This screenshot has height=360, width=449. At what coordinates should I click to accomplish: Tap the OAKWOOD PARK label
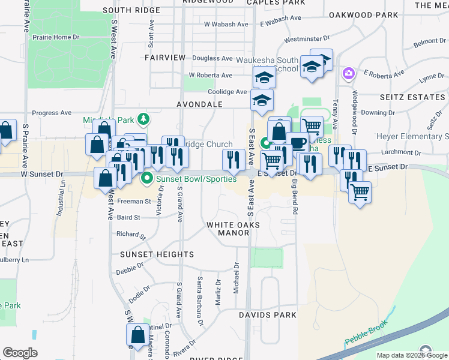pos(364,14)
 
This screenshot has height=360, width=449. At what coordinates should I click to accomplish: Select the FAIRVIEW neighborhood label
pos(165,57)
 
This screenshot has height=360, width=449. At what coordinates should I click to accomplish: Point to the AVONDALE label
pos(183,104)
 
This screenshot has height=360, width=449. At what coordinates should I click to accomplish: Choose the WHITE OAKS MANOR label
pos(233,229)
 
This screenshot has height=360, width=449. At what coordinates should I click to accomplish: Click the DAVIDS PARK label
pos(268,314)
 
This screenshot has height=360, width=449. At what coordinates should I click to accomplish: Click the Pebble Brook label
pos(364,338)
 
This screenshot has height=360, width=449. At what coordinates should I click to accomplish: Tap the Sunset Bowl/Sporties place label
pos(195,178)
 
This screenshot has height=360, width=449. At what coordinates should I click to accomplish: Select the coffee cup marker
pos(297,142)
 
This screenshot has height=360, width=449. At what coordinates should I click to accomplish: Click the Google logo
pos(20,352)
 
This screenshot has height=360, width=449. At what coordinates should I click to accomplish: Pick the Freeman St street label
pos(133,202)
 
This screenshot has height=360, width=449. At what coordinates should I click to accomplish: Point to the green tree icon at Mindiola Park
pos(143,119)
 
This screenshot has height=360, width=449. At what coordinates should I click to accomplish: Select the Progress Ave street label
pos(52,113)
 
